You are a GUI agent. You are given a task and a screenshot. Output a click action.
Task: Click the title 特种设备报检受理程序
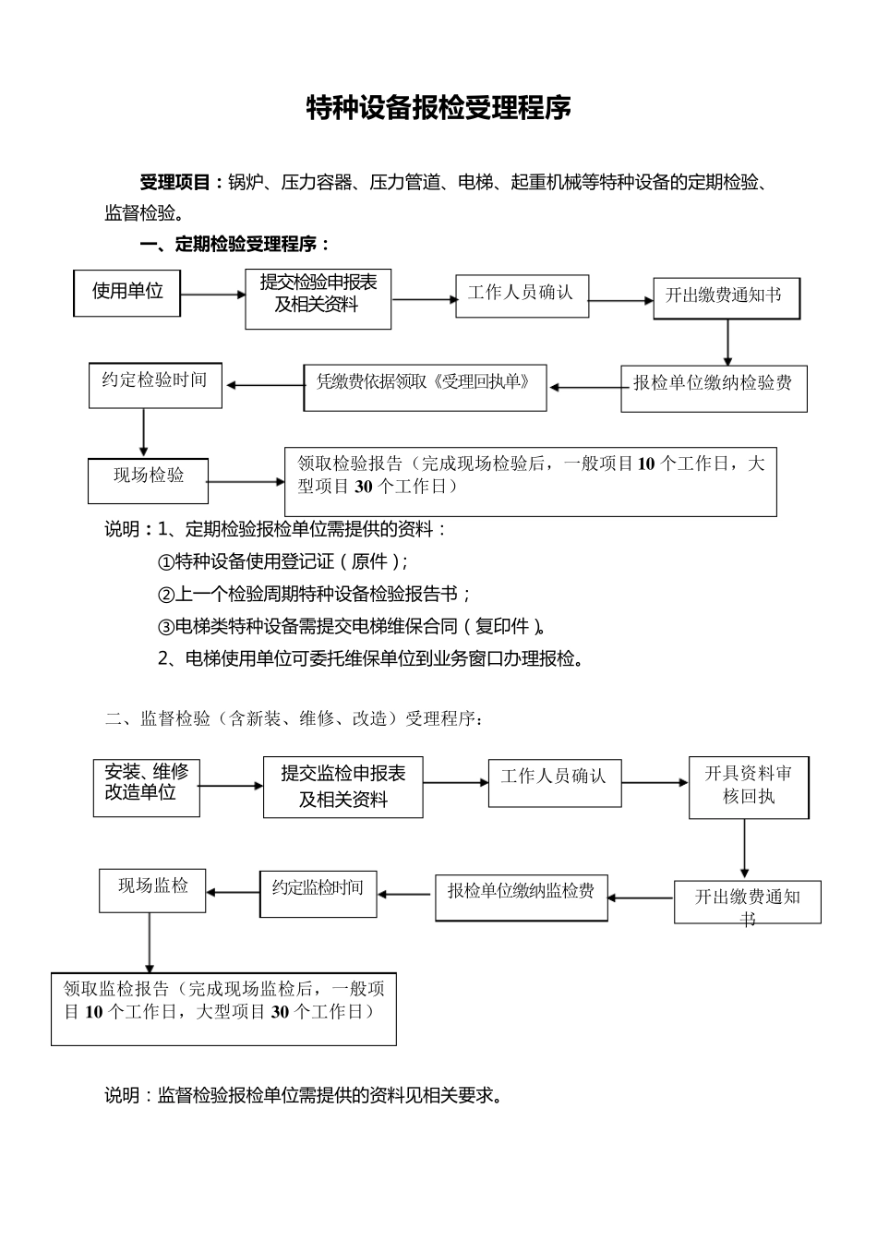[x=438, y=108]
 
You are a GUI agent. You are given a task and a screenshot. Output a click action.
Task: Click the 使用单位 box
[x=127, y=293]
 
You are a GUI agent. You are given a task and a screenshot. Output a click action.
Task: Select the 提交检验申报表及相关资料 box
[x=318, y=299]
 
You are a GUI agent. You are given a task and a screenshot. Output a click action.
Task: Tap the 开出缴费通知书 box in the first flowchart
[x=727, y=298]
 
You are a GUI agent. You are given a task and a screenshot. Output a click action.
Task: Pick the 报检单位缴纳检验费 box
[x=714, y=387]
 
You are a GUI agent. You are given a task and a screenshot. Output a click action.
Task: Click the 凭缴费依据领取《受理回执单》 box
[x=425, y=387]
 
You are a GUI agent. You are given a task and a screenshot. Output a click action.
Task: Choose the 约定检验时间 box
[x=155, y=384]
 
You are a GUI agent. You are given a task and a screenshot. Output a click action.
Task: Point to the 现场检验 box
[x=149, y=480]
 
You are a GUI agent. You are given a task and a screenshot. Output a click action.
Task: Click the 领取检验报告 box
[x=531, y=482]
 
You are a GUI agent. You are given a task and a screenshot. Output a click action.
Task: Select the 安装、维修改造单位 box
[x=146, y=788]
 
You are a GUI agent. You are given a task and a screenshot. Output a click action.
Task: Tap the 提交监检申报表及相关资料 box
[x=342, y=787]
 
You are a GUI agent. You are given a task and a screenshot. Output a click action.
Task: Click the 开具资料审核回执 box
[x=748, y=787]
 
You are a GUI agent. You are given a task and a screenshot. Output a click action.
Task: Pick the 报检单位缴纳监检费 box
[x=522, y=897]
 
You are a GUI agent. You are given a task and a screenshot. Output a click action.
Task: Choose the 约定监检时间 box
[x=318, y=893]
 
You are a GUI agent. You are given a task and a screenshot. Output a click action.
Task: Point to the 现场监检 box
[x=152, y=891]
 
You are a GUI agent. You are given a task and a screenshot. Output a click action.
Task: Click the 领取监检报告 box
[x=223, y=1007]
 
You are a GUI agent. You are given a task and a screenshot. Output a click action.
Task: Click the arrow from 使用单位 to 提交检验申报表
[x=212, y=295]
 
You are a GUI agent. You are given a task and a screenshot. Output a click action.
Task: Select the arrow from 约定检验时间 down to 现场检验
[x=144, y=432]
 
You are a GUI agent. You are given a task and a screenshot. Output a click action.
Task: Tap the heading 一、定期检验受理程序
[x=234, y=245]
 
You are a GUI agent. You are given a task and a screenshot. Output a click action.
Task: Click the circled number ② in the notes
[x=166, y=595]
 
